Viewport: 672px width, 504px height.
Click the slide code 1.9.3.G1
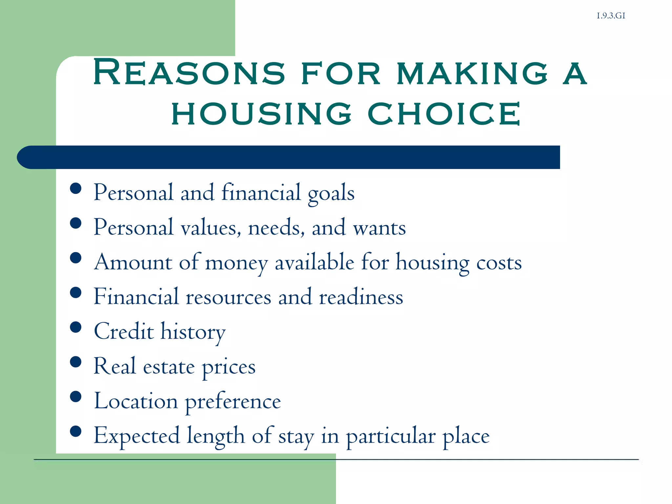pyautogui.click(x=611, y=16)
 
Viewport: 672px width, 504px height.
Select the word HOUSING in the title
pyautogui.click(x=262, y=114)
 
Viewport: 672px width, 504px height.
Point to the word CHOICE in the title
pyautogui.click(x=444, y=114)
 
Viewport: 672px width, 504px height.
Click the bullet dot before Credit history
pyautogui.click(x=76, y=327)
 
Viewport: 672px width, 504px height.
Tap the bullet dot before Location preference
pyautogui.click(x=76, y=397)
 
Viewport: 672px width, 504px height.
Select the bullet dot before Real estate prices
pyautogui.click(x=76, y=362)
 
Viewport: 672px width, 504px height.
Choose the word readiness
pyautogui.click(x=361, y=297)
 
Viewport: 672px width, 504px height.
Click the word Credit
pyautogui.click(x=124, y=331)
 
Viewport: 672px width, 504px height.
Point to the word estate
pyautogui.click(x=169, y=367)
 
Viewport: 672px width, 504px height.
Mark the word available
pyautogui.click(x=314, y=262)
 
